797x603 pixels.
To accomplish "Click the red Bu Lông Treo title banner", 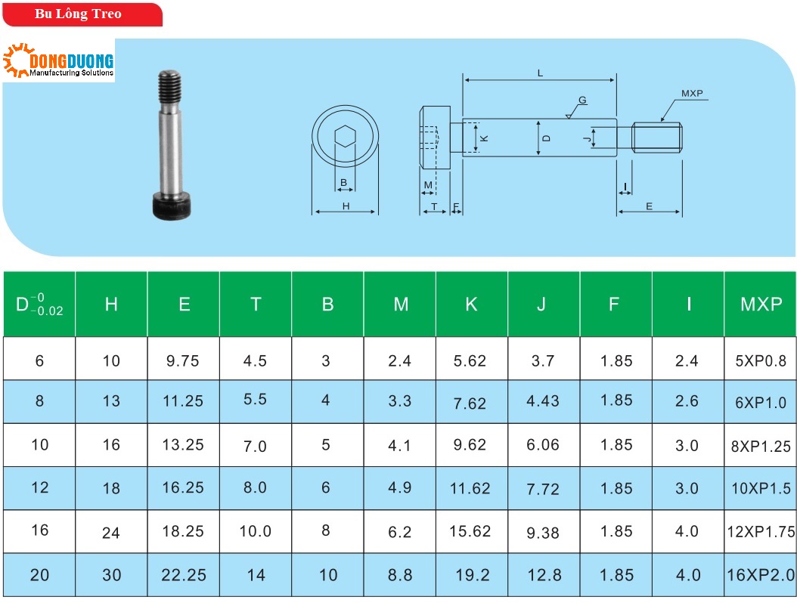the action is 82,14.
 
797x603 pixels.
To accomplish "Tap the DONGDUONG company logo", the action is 58,60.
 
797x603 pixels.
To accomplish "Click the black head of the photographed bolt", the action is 172,206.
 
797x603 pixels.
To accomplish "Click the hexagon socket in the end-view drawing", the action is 345,136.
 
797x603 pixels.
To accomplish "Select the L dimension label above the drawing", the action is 540,73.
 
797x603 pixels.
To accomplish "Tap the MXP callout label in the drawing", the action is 692,94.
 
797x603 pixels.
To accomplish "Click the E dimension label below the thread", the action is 649,206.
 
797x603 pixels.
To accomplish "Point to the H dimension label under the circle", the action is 346,206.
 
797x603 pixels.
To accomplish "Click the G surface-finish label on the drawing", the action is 582,100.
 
